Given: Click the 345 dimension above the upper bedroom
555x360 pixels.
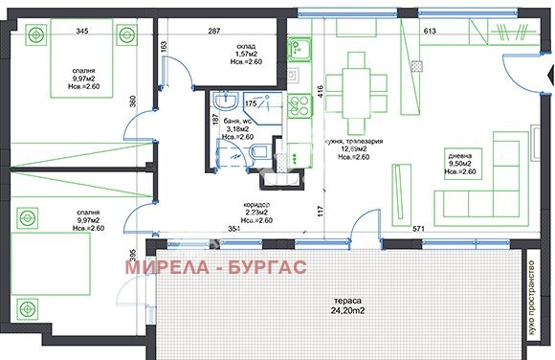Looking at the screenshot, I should [82, 32].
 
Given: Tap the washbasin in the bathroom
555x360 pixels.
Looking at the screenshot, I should [226, 101].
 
